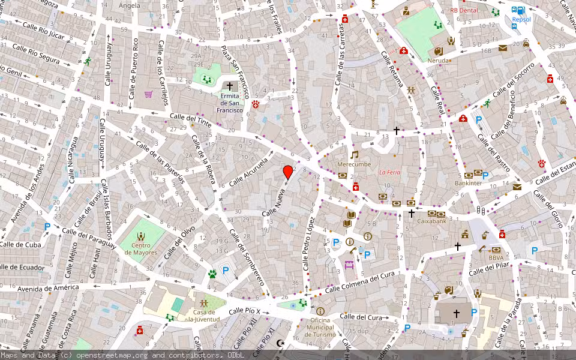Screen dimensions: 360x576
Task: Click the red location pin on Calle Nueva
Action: click(288, 172)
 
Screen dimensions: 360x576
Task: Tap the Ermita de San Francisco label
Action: click(230, 103)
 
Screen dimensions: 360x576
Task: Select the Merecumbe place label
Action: click(354, 164)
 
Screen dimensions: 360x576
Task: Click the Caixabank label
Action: click(432, 221)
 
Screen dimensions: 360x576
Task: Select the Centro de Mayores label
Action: click(141, 248)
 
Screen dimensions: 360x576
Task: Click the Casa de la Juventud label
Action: click(203, 316)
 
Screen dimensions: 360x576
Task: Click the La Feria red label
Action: click(389, 173)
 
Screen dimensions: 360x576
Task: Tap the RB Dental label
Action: click(464, 10)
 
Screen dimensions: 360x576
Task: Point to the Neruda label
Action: click(439, 61)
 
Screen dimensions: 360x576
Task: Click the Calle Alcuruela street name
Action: click(247, 171)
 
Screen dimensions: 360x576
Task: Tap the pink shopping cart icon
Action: click(148, 94)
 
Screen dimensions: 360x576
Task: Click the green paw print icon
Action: click(212, 274)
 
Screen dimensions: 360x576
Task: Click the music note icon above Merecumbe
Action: click(354, 154)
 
